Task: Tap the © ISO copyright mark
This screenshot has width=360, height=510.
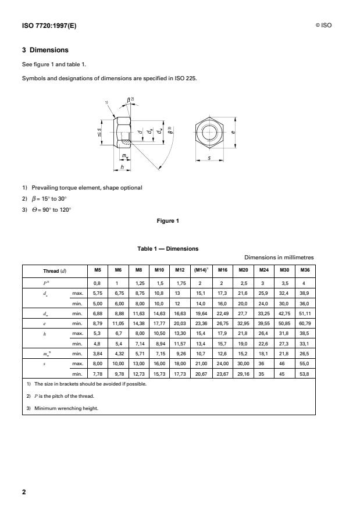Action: tap(323, 25)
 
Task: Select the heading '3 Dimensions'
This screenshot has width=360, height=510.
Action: tap(45, 50)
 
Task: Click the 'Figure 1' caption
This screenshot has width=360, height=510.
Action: tap(167, 220)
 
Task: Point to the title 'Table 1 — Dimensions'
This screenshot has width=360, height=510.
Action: tap(167, 249)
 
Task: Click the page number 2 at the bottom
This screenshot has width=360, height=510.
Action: tap(24, 493)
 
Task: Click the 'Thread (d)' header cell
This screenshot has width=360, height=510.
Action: tap(55, 270)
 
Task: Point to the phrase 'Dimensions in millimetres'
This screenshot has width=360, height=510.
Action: tap(279, 257)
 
